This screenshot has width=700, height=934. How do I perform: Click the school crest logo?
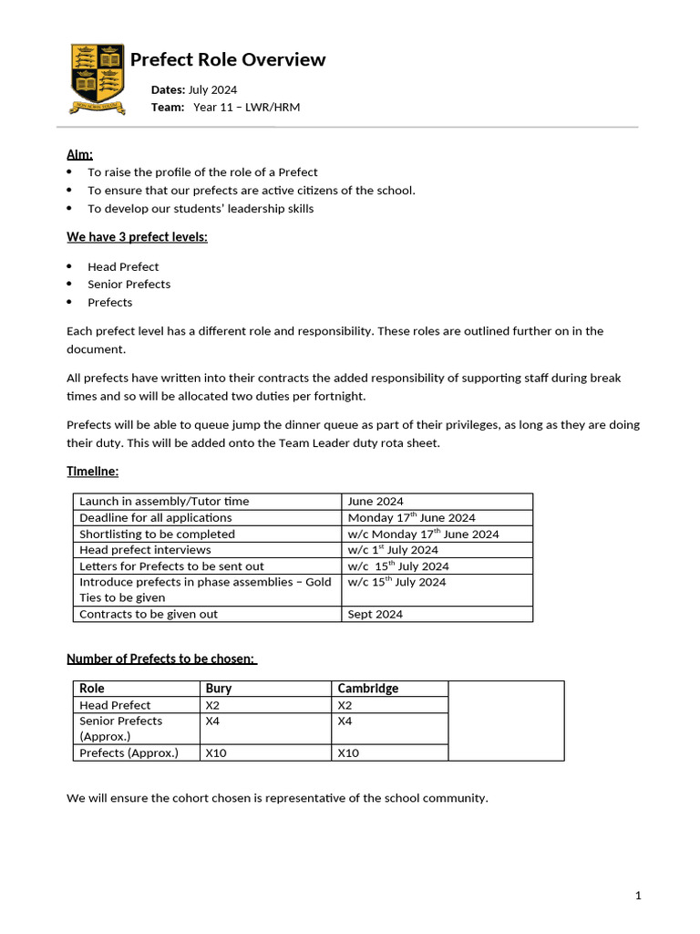click(98, 78)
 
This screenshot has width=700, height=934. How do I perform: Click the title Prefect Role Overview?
click(228, 60)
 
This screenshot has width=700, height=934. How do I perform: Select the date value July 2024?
click(212, 89)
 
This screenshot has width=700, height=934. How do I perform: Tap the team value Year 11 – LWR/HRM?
click(246, 108)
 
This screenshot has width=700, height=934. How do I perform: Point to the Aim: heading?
click(80, 154)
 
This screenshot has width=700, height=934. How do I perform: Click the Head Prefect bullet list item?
click(123, 266)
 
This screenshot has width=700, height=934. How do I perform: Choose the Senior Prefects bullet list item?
click(129, 284)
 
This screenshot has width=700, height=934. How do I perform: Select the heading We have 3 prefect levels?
click(137, 237)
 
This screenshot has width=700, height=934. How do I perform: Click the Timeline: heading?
click(92, 471)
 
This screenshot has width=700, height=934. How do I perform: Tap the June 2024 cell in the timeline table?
click(376, 501)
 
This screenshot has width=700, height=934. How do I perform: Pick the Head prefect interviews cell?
click(145, 550)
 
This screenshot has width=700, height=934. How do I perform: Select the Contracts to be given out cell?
click(149, 614)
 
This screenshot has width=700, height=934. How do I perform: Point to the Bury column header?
click(219, 689)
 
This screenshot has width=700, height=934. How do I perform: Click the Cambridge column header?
click(368, 689)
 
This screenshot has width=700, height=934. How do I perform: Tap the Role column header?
click(92, 689)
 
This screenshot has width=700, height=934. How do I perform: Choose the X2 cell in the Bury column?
click(213, 705)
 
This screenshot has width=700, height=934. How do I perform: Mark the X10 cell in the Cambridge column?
click(348, 752)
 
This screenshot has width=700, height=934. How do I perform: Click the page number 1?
click(638, 896)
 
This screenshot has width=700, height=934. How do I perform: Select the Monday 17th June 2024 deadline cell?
click(411, 518)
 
